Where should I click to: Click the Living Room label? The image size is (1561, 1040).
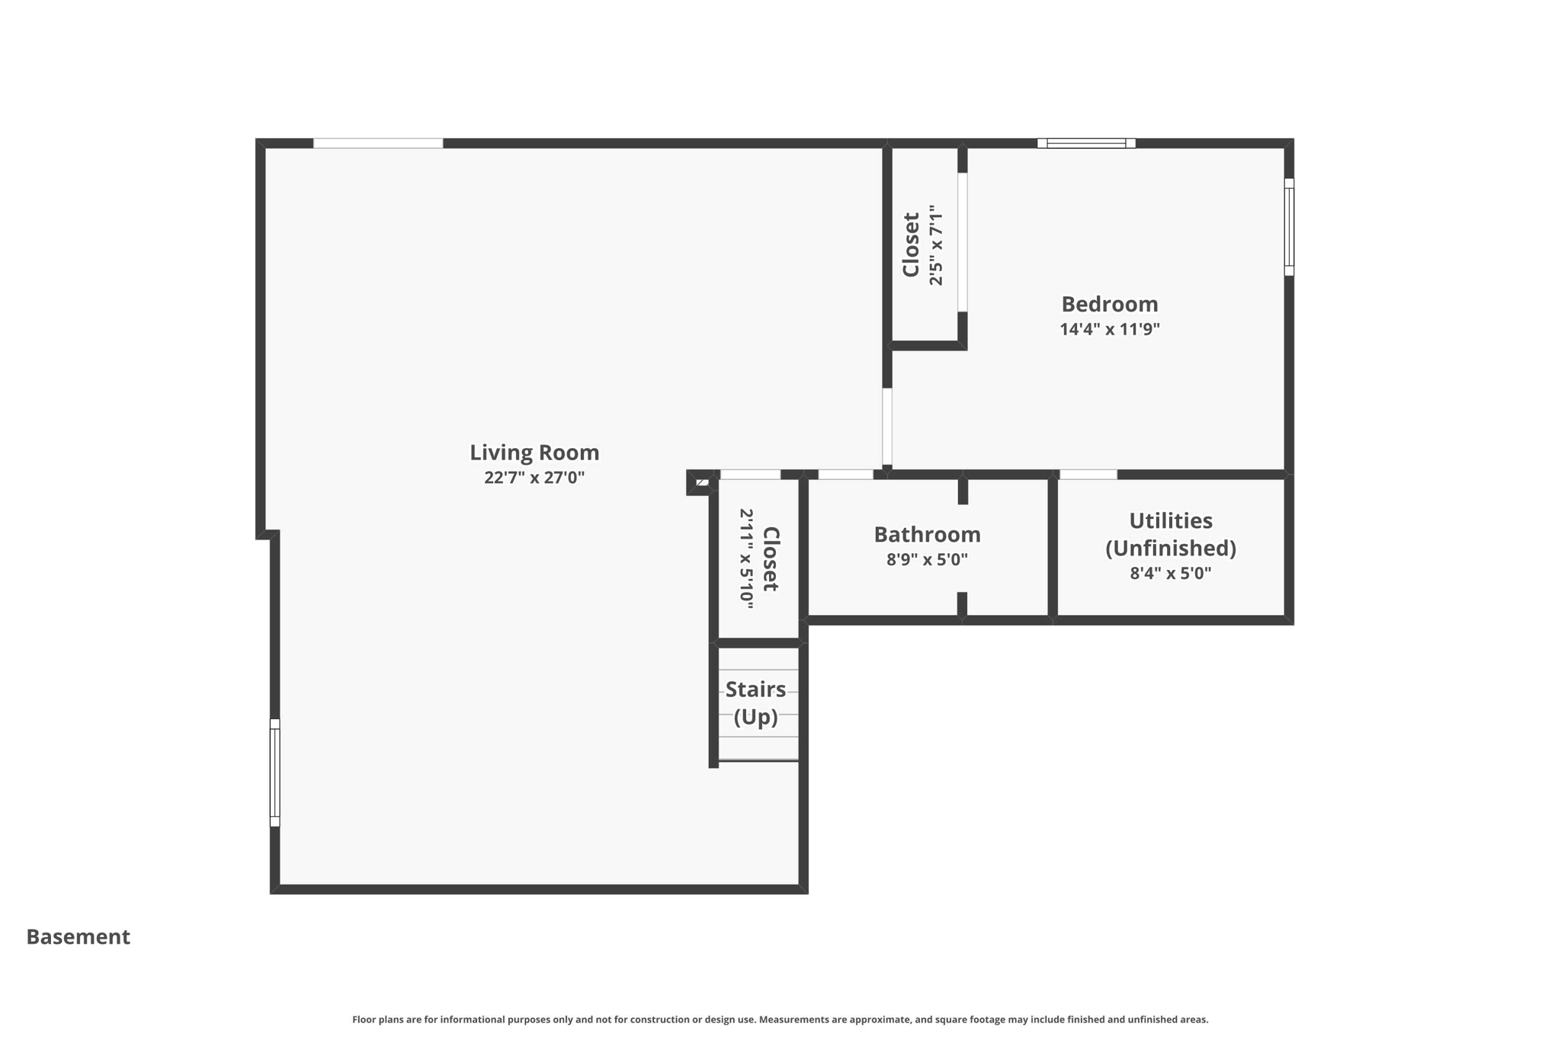(534, 453)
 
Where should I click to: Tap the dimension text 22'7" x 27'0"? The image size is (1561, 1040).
(534, 478)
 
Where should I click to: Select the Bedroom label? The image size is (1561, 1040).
(1109, 304)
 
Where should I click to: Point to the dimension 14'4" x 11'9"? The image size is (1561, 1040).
(1109, 329)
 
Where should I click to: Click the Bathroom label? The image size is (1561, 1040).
(927, 534)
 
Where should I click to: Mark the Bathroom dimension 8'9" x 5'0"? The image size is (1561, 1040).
(927, 560)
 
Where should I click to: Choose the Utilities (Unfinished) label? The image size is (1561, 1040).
(1170, 534)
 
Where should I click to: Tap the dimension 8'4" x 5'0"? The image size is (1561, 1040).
(1170, 573)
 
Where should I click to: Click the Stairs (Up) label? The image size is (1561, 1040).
(755, 702)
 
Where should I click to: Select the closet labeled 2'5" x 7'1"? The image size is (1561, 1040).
(922, 245)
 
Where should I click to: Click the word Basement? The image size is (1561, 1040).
(78, 936)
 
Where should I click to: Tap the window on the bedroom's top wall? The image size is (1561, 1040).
(1086, 143)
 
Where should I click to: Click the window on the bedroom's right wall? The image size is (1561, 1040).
(1289, 226)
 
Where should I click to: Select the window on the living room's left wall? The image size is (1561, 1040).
(275, 772)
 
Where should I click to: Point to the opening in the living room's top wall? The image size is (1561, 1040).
(378, 143)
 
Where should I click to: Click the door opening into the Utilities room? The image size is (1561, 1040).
(1088, 475)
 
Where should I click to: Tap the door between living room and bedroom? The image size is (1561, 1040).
(887, 426)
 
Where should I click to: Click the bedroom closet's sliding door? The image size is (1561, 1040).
(963, 242)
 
